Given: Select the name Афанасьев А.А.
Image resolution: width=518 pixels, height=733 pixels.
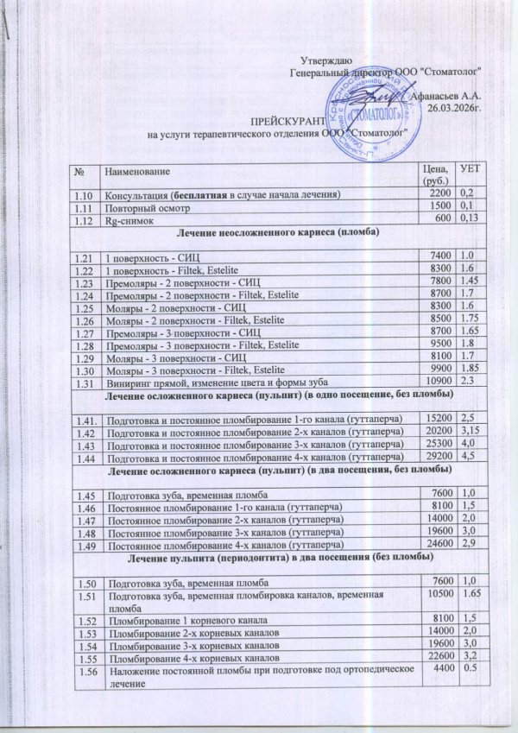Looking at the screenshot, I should [x=445, y=96].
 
